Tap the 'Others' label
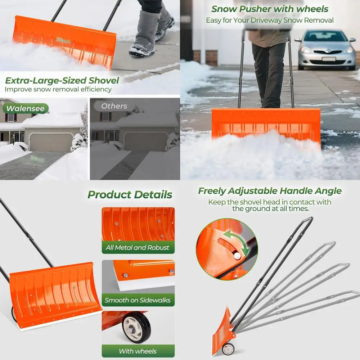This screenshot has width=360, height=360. coord(114,106)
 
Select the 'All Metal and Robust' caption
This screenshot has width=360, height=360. coord(138,247)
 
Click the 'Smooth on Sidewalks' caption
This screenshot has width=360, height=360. coord(138,300)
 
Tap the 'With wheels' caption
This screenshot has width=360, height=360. coord(138,351)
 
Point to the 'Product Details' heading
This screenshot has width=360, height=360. coord(130,195)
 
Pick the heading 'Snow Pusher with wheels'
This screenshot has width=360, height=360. coord(270,9)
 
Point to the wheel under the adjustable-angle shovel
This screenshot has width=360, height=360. coord(228,348)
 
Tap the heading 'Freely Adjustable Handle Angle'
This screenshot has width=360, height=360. coord(270,191)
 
